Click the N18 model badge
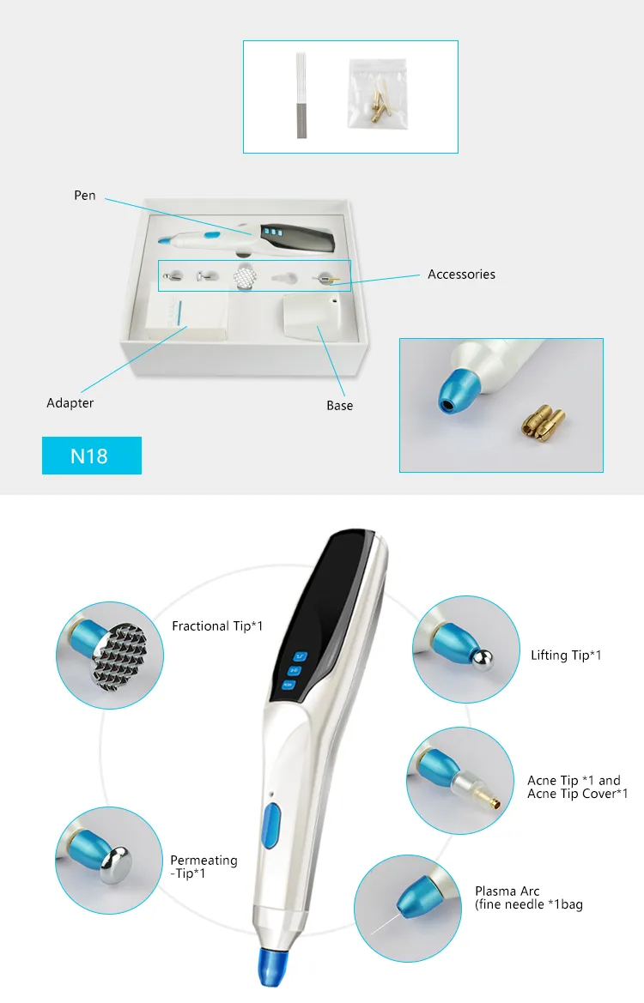(91, 456)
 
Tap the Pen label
(85, 196)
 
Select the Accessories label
(461, 275)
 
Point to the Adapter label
(70, 402)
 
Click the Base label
(339, 405)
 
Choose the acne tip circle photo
(460, 782)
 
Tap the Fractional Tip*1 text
(217, 626)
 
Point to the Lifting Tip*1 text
(566, 656)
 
